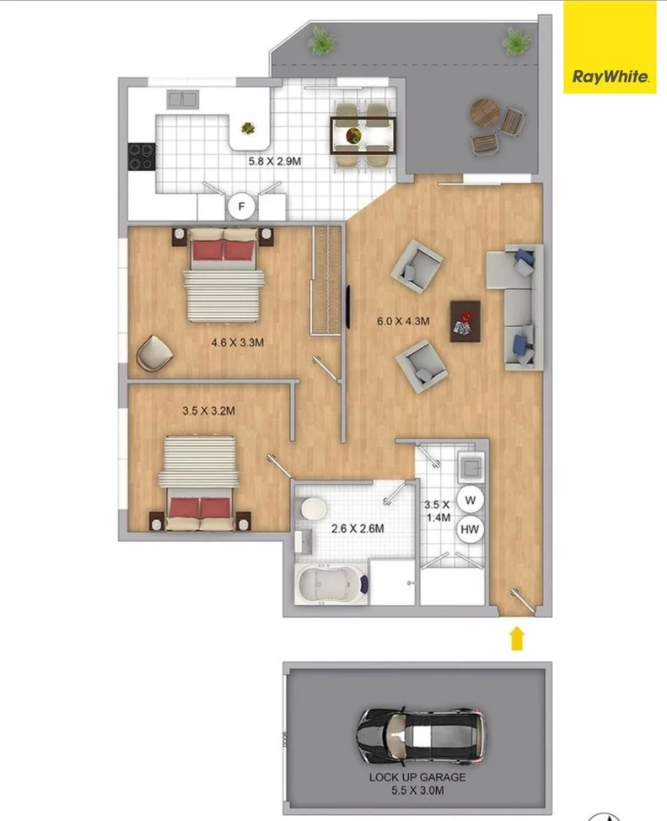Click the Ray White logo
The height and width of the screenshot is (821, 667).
pos(610,77)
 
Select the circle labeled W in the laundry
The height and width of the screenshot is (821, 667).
pos(471,499)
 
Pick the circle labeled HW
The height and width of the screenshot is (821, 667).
pos(471,529)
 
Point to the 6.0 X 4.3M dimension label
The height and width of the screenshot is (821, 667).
pos(403,320)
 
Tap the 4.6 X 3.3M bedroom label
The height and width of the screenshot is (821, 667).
pos(238,343)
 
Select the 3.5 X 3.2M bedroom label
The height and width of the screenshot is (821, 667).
pos(208,411)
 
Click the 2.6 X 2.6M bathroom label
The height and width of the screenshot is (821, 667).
pos(358,529)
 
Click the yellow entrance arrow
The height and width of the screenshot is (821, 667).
pos(517,638)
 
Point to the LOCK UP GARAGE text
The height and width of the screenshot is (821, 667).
pos(417,777)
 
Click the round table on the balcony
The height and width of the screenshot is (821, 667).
pos(485,111)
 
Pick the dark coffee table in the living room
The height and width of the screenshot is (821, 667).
pos(465,321)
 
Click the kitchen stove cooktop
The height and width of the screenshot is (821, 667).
pos(141,156)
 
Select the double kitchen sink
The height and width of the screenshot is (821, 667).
pos(182,99)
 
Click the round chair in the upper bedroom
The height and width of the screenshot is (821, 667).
pos(153,353)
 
